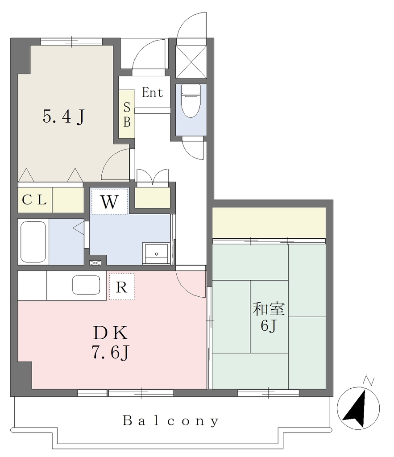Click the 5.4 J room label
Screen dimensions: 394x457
coord(63,116)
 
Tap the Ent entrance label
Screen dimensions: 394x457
coord(152,93)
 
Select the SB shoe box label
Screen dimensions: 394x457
coord(127,115)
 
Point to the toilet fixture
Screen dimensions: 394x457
coord(191,100)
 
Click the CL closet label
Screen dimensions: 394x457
coord(34,200)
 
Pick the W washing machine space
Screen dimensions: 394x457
coord(109,201)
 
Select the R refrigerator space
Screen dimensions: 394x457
coord(122,287)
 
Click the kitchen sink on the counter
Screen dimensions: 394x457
coord(86,285)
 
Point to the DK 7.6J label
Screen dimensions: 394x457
coord(111,342)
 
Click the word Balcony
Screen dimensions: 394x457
coord(170,421)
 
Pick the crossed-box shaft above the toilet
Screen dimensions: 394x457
coord(191,62)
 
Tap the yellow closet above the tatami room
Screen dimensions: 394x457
coord(269,223)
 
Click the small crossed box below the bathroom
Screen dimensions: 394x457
coord(95,262)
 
